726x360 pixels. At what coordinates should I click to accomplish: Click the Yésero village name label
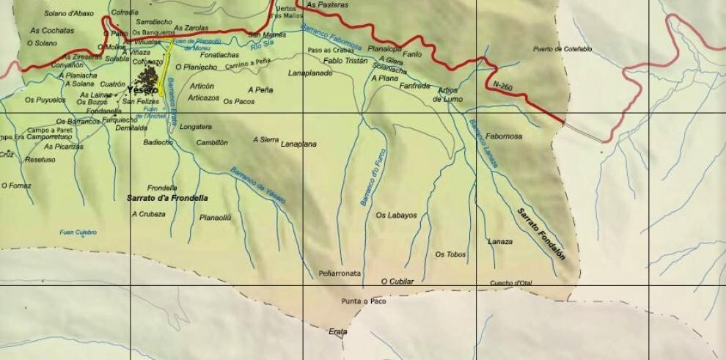tap(142, 90)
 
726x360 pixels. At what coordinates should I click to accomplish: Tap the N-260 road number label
tap(503, 86)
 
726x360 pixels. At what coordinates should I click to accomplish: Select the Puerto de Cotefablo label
tap(562, 49)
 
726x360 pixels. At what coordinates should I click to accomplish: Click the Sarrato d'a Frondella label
tap(167, 198)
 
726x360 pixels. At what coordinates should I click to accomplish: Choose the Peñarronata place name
tap(340, 273)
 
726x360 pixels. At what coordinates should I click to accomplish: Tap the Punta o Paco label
tap(364, 301)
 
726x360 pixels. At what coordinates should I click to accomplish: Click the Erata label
tap(337, 332)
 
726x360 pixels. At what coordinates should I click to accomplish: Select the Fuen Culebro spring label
tap(78, 233)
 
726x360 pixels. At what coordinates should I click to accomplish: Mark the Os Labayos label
tap(396, 216)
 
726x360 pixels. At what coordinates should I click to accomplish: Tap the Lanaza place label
tap(500, 241)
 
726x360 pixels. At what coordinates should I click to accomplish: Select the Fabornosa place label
tap(504, 136)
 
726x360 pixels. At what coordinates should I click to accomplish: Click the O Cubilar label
tap(397, 282)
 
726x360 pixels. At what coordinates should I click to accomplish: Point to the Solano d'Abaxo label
tap(69, 13)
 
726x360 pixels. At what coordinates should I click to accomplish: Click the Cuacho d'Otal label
tap(510, 283)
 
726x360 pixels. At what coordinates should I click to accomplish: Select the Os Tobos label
tap(450, 254)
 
